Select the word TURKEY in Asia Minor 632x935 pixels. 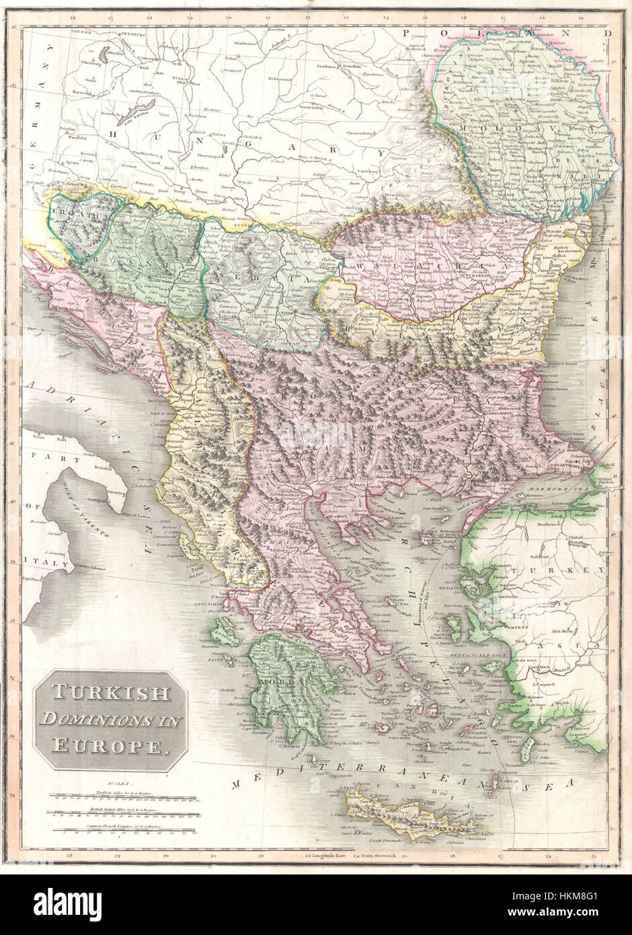(571, 571)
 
